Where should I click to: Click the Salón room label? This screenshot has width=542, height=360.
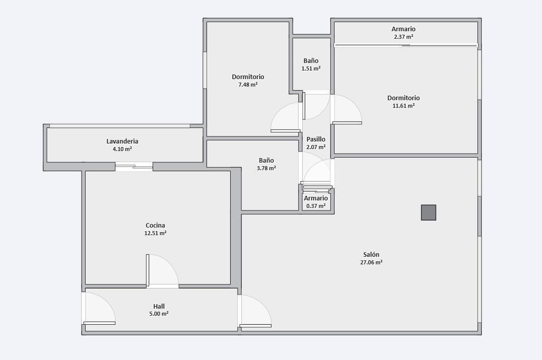pos(371,255)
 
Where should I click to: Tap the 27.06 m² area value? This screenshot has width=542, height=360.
pos(371,262)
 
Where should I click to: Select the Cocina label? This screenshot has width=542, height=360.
pos(155,226)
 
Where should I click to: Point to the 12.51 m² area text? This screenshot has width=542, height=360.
pos(155,233)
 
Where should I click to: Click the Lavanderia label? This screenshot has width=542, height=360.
pos(122,141)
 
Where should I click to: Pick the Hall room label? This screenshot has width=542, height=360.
pos(159,307)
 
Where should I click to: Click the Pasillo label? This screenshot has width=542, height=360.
pos(316,139)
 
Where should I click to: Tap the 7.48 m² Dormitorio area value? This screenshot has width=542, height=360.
pos(248,85)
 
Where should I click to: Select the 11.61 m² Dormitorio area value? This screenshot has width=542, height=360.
pos(403,106)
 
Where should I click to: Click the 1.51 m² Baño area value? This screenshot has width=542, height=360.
pos(311,68)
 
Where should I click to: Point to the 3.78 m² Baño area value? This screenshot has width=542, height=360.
pos(266,168)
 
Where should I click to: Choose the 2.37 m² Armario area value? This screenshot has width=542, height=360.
pos(403,37)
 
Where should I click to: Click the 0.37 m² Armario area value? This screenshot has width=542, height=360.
pos(316,206)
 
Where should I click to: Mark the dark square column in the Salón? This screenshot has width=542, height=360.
pos(429,212)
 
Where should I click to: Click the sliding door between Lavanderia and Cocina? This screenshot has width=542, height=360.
pos(134,167)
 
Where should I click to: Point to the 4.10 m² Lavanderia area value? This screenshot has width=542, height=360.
pos(122,149)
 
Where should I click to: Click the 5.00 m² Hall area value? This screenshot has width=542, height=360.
pos(159,314)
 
